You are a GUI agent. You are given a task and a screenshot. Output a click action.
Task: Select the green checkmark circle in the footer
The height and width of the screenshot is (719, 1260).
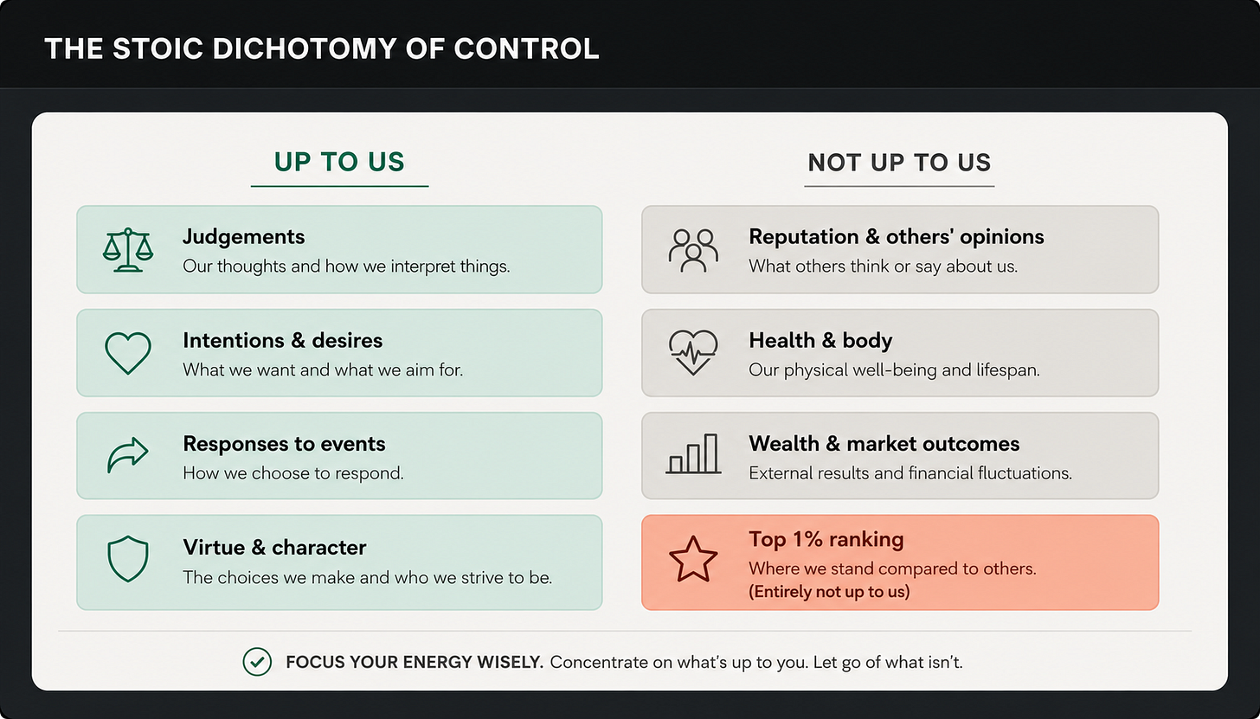click(x=257, y=649)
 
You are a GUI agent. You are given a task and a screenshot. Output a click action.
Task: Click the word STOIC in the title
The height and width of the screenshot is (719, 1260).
click(x=158, y=48)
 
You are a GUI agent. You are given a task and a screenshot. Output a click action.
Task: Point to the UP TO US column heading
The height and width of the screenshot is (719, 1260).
click(x=339, y=162)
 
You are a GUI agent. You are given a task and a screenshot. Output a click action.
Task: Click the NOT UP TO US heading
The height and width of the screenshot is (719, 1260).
click(x=899, y=163)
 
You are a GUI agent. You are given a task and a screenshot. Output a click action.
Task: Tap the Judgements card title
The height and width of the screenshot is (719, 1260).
click(x=243, y=237)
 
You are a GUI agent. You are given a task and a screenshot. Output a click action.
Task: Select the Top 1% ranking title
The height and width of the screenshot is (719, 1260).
click(x=826, y=539)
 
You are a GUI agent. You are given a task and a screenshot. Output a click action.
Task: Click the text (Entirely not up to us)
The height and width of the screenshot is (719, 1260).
click(x=829, y=592)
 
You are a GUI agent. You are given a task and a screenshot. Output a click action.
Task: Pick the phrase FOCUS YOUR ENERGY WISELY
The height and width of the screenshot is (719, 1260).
click(x=415, y=662)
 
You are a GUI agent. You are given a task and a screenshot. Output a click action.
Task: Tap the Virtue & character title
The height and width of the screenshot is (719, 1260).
click(x=274, y=548)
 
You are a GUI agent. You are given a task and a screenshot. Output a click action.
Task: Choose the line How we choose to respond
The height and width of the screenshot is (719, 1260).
click(x=293, y=473)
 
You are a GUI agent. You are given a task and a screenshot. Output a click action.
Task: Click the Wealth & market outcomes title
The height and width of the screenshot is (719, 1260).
click(x=884, y=444)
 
